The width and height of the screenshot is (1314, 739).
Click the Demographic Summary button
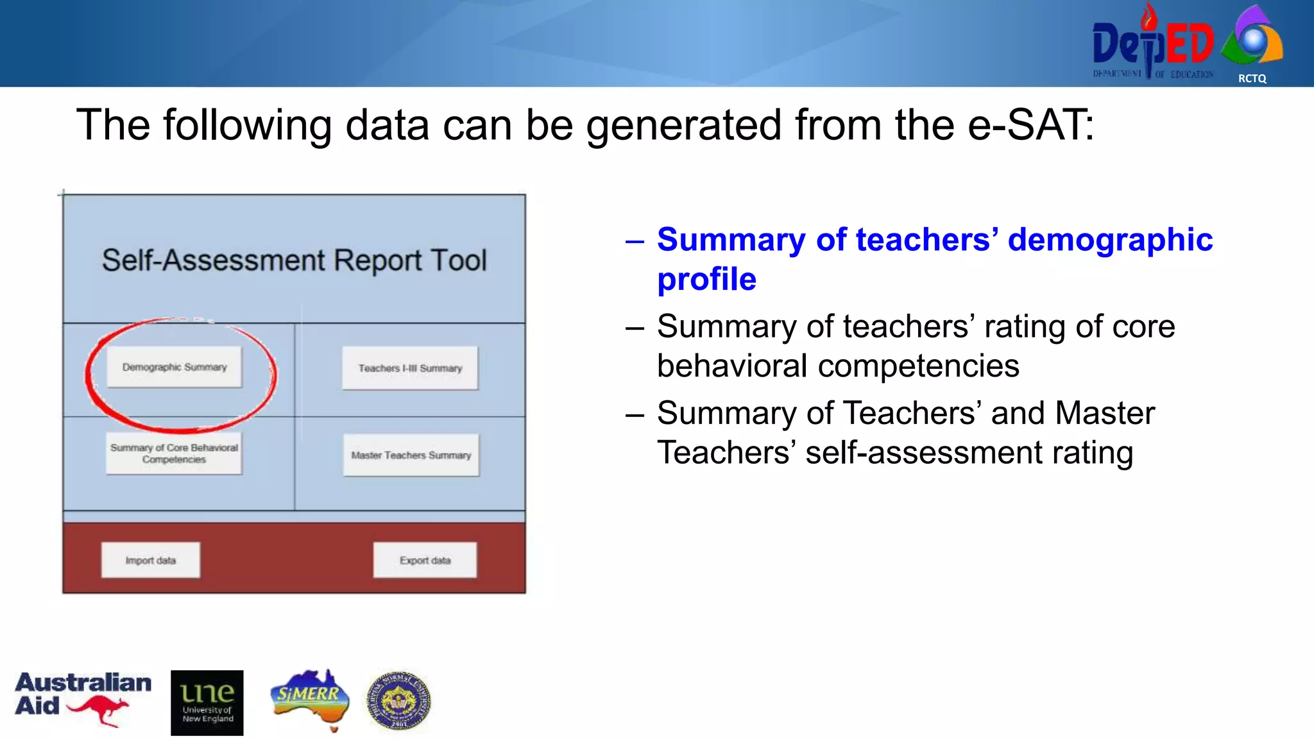pyautogui.click(x=174, y=367)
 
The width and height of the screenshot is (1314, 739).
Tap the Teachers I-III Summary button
pyautogui.click(x=410, y=368)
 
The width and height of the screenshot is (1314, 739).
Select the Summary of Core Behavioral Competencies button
pyautogui.click(x=174, y=454)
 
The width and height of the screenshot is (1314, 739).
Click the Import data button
pyautogui.click(x=151, y=560)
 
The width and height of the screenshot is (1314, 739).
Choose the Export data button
pyautogui.click(x=425, y=560)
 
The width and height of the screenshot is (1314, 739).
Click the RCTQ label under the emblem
pyautogui.click(x=1252, y=78)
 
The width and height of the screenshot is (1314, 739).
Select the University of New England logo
pyautogui.click(x=207, y=702)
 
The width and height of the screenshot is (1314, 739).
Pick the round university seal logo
pyautogui.click(x=398, y=701)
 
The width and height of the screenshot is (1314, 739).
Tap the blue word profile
pyautogui.click(x=706, y=279)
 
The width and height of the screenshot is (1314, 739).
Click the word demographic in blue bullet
pyautogui.click(x=1110, y=240)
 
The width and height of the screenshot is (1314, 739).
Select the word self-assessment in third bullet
pyautogui.click(x=923, y=452)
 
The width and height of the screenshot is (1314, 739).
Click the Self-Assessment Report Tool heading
pyautogui.click(x=294, y=260)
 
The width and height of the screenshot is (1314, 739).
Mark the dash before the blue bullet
pyautogui.click(x=635, y=241)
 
